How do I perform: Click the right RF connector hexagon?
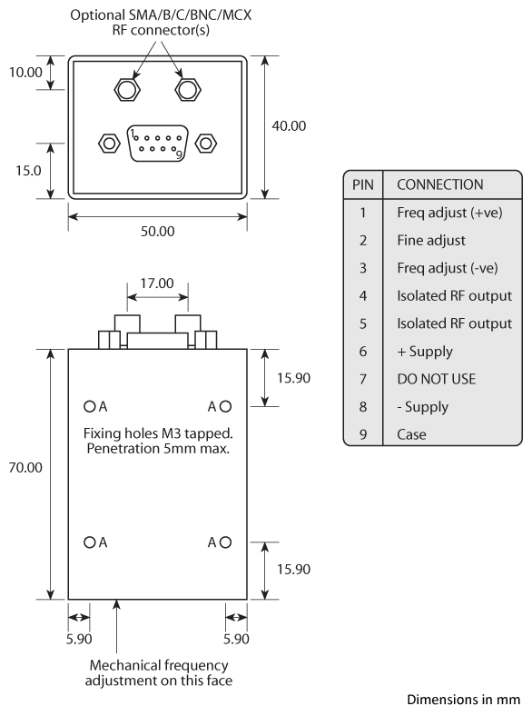(187, 89)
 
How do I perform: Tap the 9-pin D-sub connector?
(158, 144)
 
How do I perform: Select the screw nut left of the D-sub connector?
(108, 144)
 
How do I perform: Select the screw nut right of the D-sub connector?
(206, 144)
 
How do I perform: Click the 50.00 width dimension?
(157, 231)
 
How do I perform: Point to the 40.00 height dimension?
(289, 125)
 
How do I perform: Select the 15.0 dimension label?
(27, 170)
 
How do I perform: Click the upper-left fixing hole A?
(90, 406)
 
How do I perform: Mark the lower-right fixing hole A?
(226, 542)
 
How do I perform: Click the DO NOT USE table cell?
(435, 378)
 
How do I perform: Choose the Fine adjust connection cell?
(430, 241)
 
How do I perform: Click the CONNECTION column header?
(440, 184)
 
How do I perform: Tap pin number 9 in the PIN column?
(362, 433)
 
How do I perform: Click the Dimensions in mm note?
(463, 700)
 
